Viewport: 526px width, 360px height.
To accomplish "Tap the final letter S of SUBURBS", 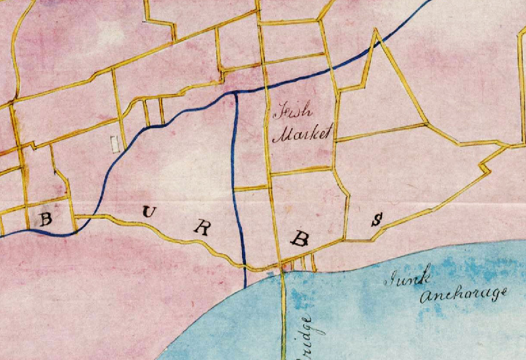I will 377,220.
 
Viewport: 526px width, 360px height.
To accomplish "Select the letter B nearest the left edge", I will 45,218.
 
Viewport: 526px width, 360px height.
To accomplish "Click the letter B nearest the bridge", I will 300,239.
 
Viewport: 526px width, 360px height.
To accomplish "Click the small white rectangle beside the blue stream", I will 116,143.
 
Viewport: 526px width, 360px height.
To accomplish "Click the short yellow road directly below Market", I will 301,172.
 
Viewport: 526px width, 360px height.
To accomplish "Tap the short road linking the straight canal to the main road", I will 252,189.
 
